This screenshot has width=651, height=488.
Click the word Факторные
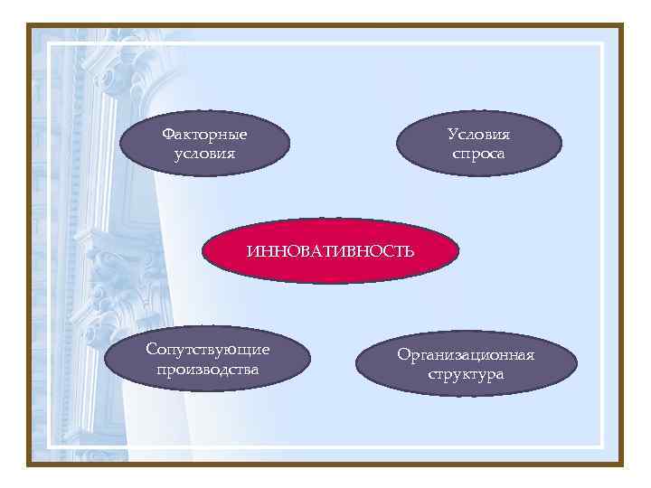tap(204, 135)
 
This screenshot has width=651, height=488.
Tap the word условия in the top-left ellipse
tap(204, 154)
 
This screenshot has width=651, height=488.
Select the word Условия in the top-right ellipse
tap(478, 135)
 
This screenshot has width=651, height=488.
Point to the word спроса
tap(478, 154)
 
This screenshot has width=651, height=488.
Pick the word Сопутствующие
tap(207, 351)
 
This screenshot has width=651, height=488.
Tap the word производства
tap(207, 370)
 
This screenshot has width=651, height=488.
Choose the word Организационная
tap(466, 354)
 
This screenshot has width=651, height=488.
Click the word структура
tap(466, 374)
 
